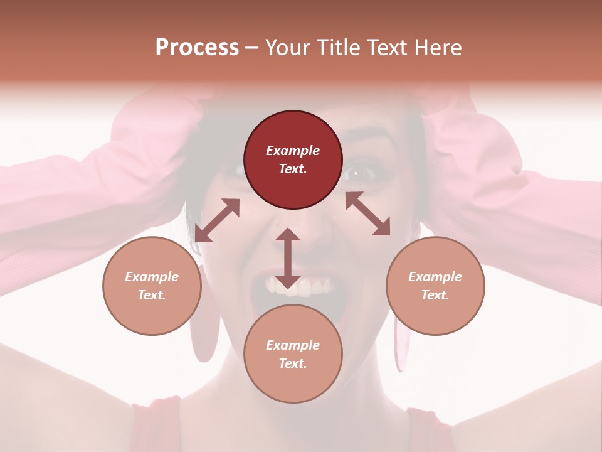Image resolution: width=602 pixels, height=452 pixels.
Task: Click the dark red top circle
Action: point(293,160)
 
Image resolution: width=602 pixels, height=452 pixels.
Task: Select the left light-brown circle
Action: point(152,286)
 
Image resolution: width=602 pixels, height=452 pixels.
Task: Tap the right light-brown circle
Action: point(435,286)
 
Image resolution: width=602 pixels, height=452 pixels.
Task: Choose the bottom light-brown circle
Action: point(293,354)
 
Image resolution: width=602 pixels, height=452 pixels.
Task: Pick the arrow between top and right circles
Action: point(367,213)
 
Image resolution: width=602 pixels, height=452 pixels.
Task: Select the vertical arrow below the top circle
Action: point(287,258)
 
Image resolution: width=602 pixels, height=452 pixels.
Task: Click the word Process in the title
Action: point(197,47)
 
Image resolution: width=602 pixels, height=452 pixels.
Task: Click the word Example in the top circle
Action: point(293,151)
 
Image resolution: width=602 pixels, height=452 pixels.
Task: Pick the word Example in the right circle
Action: point(435,277)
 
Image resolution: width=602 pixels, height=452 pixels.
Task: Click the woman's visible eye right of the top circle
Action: point(362,170)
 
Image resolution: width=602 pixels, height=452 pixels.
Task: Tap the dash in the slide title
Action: point(251,48)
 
